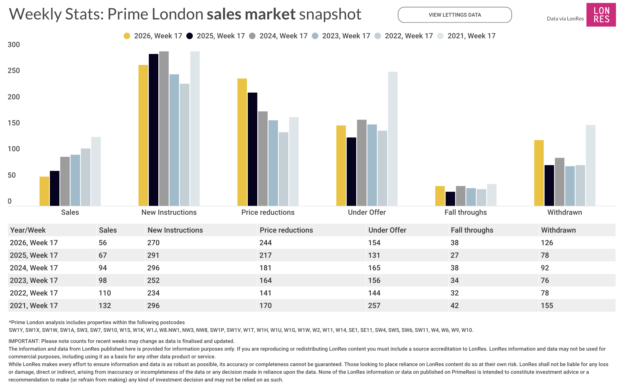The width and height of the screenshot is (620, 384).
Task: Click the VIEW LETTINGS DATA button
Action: click(454, 15)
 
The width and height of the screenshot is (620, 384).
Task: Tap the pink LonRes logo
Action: click(601, 15)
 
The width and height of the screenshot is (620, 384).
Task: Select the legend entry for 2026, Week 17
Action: click(153, 36)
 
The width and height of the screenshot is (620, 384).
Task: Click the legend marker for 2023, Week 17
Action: click(315, 36)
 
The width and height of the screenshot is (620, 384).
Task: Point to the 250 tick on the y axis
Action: click(14, 71)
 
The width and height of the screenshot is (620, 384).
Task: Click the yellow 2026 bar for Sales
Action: click(44, 191)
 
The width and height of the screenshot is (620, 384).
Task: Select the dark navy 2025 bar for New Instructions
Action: click(154, 130)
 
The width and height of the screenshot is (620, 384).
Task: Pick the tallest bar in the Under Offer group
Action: click(392, 139)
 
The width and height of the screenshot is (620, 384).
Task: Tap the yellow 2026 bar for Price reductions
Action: click(242, 142)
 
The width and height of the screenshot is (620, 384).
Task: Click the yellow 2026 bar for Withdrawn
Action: click(539, 173)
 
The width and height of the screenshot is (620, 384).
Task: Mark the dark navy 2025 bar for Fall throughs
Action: click(450, 199)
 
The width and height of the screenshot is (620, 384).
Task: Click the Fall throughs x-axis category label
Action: click(465, 212)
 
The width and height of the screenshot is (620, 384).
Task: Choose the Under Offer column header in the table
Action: click(387, 230)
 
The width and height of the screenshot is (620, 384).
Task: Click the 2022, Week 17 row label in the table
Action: click(34, 293)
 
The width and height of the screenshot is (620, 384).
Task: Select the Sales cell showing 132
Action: click(105, 306)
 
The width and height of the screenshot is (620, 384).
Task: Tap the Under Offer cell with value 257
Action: click(374, 306)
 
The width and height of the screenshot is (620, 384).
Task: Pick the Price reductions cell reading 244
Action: click(265, 243)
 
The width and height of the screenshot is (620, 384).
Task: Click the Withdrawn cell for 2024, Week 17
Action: click(545, 268)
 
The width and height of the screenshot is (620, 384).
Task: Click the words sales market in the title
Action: click(251, 14)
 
